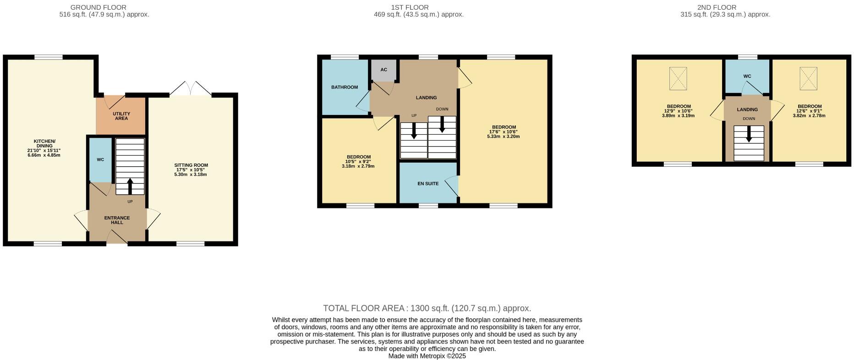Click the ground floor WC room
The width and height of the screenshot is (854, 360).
pyautogui.click(x=100, y=160)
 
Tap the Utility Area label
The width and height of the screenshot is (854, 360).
pyautogui.click(x=121, y=116)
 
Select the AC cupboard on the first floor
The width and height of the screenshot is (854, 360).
pyautogui.click(x=384, y=70)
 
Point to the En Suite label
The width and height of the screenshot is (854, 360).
pyautogui.click(x=428, y=184)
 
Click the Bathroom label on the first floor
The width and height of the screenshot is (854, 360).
pyautogui.click(x=345, y=87)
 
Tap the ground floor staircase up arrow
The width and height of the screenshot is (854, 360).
pyautogui.click(x=130, y=186)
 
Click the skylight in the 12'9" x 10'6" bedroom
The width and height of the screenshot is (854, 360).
pyautogui.click(x=678, y=79)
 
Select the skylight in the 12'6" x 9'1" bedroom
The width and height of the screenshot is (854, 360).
pyautogui.click(x=809, y=79)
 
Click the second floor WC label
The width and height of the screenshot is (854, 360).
pyautogui.click(x=747, y=76)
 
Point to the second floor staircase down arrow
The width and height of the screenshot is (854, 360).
pyautogui.click(x=749, y=134)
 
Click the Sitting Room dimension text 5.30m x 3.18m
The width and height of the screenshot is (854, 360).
pyautogui.click(x=191, y=175)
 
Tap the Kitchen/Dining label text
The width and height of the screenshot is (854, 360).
pyautogui.click(x=44, y=143)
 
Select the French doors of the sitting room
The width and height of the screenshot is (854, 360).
pyautogui.click(x=191, y=89)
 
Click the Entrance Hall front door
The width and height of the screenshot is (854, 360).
pyautogui.click(x=117, y=237)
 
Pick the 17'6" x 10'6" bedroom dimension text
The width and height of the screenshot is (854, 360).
pyautogui.click(x=504, y=132)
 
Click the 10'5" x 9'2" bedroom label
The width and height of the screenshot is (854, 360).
pyautogui.click(x=358, y=157)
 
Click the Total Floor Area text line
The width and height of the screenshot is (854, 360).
pyautogui.click(x=427, y=308)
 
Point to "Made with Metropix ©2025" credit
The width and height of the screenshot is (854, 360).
pyautogui.click(x=427, y=356)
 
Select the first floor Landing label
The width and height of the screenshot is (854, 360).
pyautogui.click(x=426, y=98)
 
